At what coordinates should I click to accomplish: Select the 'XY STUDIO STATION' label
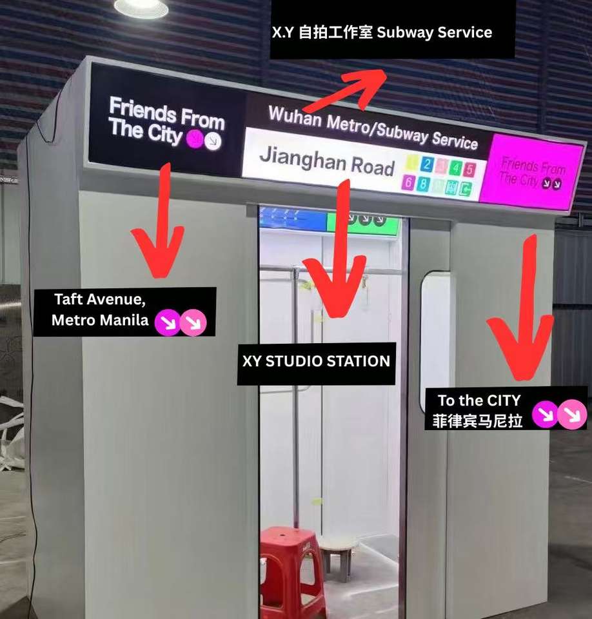pyautogui.click(x=316, y=361)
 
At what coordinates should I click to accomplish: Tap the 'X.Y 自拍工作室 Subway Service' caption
pyautogui.click(x=382, y=32)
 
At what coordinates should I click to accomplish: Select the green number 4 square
pyautogui.click(x=456, y=168)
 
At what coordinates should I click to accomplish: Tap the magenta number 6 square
pyautogui.click(x=408, y=182)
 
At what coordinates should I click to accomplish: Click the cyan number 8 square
pyautogui.click(x=422, y=184)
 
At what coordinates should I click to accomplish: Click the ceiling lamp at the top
pyautogui.click(x=141, y=7)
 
